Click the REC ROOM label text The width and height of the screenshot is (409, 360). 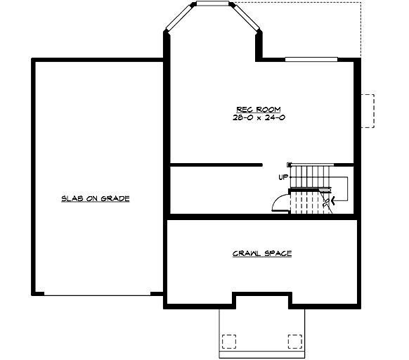pyautogui.click(x=258, y=109)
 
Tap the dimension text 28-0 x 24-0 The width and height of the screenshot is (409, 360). pyautogui.click(x=258, y=117)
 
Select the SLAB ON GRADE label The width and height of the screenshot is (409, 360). pyautogui.click(x=96, y=199)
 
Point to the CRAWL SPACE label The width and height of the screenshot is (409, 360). pyautogui.click(x=262, y=253)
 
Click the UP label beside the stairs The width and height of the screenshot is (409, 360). pyautogui.click(x=283, y=177)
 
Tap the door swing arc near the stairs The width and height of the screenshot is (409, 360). pyautogui.click(x=279, y=202)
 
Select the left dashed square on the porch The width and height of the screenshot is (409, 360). pyautogui.click(x=229, y=341)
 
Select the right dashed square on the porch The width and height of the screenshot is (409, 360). pyautogui.click(x=294, y=341)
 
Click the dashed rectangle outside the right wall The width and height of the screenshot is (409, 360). pyautogui.click(x=368, y=110)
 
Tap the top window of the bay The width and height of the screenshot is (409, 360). pyautogui.click(x=214, y=4)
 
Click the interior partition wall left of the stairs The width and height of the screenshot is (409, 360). pyautogui.click(x=216, y=165)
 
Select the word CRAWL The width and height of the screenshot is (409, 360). pyautogui.click(x=246, y=253)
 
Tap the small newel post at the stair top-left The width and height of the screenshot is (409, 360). pyautogui.click(x=292, y=164)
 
